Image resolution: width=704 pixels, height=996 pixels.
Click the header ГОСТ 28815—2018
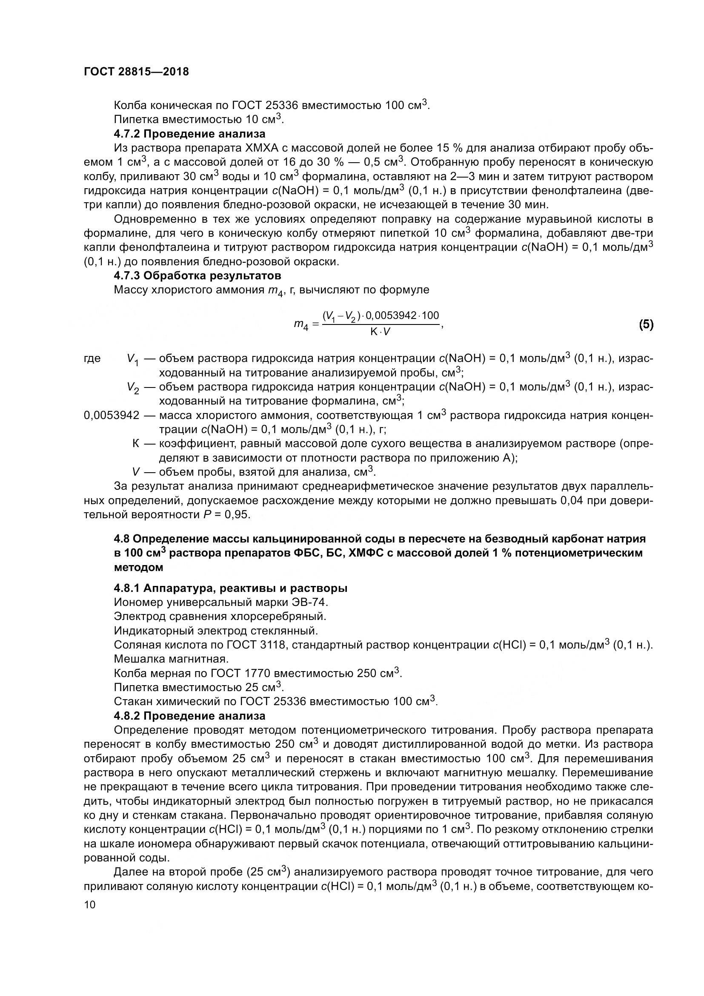137,72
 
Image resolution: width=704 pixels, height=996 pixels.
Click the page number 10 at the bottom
90,905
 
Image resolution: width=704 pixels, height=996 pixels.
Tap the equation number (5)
646,324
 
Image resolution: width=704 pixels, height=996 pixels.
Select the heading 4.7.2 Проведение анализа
189,134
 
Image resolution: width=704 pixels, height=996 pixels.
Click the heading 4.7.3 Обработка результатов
197,276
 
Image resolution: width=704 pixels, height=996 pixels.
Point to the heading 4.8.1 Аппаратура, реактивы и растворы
231,588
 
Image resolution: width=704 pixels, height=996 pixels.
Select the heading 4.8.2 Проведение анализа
189,716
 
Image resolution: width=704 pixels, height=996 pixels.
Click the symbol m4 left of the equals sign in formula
301,324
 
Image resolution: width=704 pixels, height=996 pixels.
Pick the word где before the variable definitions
92,358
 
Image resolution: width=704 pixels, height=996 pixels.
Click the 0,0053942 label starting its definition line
112,416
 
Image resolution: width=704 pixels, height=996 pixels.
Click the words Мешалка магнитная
171,659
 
